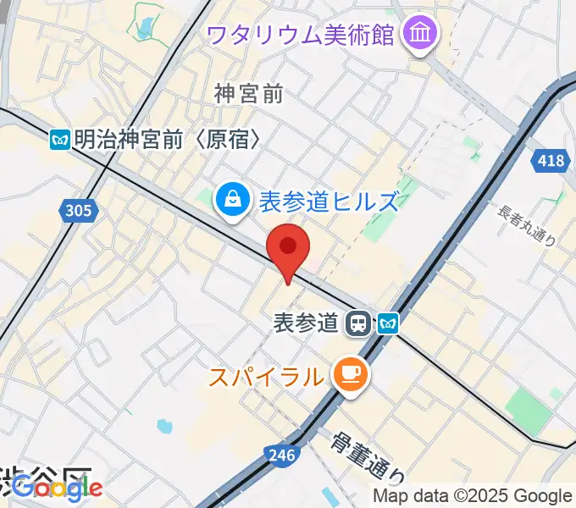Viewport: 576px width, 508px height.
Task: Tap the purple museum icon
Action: pos(418,34)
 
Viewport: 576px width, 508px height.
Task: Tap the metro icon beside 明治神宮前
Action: pos(59,140)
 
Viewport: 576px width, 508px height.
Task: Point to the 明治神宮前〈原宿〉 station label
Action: pos(166,140)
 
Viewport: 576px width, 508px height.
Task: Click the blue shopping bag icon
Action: pos(230,200)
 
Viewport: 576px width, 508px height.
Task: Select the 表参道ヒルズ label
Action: pos(328,202)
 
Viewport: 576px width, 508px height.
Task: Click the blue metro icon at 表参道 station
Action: pos(388,322)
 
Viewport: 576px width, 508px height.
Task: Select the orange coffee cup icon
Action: pos(349,373)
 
